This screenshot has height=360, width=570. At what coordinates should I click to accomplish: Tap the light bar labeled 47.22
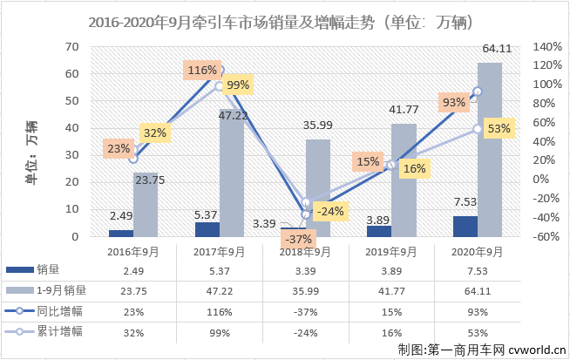coord(232,172)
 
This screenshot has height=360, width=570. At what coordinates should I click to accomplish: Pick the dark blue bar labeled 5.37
coord(207,229)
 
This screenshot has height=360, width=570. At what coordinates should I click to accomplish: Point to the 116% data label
coord(201,70)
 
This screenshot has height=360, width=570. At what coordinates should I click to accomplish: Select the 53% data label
coord(499,129)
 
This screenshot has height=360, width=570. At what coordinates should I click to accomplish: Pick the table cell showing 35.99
coord(305,290)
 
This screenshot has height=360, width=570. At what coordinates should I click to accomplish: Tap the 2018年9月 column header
coord(305,251)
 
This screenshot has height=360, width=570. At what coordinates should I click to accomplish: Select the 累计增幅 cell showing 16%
coord(390,330)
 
